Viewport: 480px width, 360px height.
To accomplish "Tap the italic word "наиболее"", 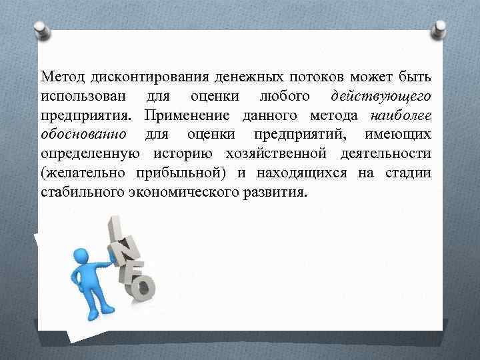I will [x=399, y=116].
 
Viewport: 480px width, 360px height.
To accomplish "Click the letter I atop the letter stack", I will [x=115, y=226].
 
